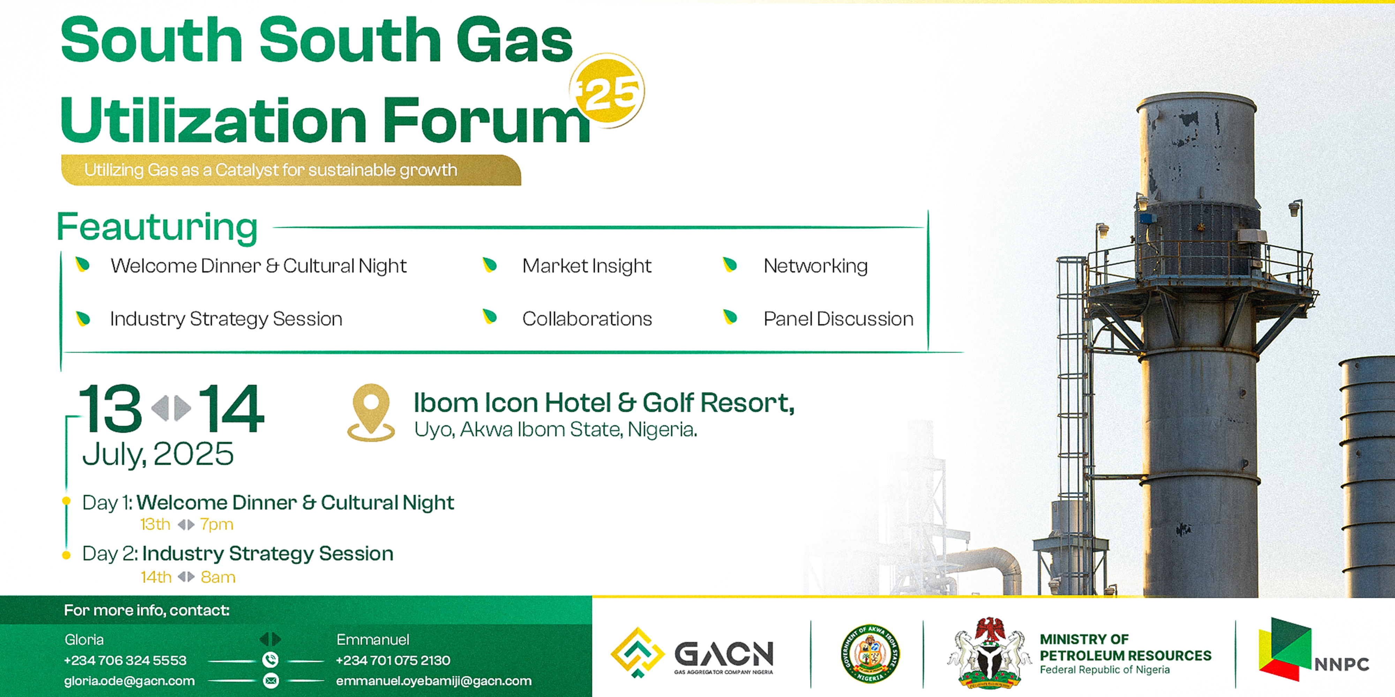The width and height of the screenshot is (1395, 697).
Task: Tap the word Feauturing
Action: click(x=157, y=227)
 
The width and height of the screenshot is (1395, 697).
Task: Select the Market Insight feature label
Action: click(x=587, y=266)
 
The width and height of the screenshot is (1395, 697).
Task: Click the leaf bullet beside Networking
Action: click(x=730, y=265)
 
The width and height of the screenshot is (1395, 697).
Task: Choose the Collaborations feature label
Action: click(x=587, y=319)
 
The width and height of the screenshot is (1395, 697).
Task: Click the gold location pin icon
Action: click(x=371, y=411)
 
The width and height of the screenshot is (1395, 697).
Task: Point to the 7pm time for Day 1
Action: click(x=217, y=524)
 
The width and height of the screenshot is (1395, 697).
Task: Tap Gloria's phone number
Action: click(x=125, y=660)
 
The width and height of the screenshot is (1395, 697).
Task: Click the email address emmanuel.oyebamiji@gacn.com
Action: click(x=434, y=681)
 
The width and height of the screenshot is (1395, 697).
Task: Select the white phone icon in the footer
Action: click(x=270, y=660)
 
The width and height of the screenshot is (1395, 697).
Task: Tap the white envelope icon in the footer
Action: click(x=271, y=681)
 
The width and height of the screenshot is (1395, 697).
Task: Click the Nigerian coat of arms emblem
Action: click(x=989, y=653)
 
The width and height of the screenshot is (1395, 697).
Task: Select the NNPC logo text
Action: click(x=1341, y=664)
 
